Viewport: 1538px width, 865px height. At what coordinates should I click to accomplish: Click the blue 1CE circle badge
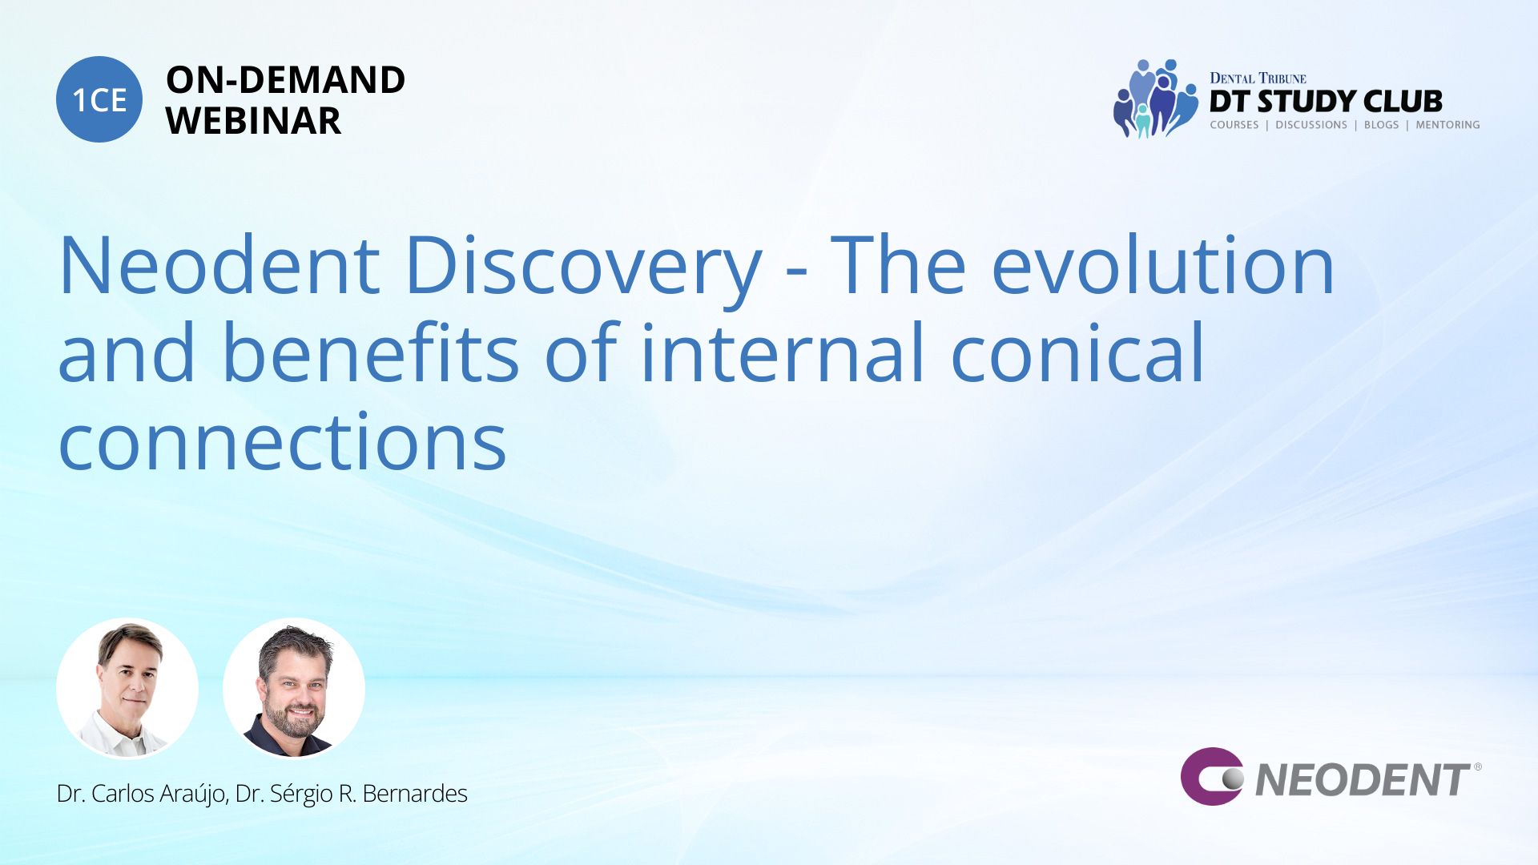(x=99, y=99)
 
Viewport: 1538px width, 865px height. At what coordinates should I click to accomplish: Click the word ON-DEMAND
(x=285, y=80)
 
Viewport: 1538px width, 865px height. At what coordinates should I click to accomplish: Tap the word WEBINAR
(x=253, y=121)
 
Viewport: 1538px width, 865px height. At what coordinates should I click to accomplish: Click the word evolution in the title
(x=1163, y=264)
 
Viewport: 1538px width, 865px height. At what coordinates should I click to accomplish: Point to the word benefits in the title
(x=370, y=352)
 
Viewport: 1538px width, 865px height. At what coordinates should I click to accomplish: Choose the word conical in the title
(x=1077, y=352)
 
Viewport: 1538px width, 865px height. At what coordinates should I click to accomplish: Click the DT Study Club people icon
(x=1155, y=99)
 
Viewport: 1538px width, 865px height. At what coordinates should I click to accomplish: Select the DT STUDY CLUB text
(x=1326, y=101)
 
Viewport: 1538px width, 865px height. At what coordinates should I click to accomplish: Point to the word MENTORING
(x=1447, y=125)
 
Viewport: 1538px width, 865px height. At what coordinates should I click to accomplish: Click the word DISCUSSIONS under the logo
(x=1311, y=125)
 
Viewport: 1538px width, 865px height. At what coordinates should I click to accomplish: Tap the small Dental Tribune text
(x=1258, y=78)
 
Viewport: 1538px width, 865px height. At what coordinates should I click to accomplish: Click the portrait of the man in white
(x=127, y=688)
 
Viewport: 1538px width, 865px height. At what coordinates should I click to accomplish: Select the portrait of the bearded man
(x=294, y=688)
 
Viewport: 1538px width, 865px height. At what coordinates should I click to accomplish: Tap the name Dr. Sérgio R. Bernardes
(x=352, y=794)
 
